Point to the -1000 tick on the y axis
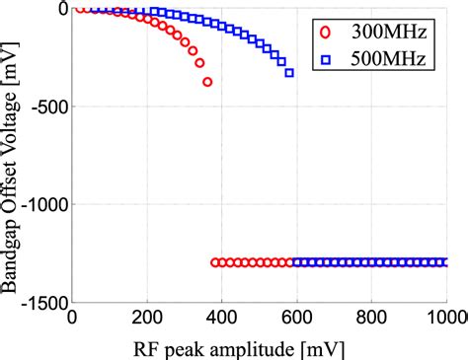click(x=39, y=204)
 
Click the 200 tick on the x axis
click(x=147, y=320)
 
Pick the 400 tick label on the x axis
click(x=222, y=320)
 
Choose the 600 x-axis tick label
click(x=297, y=320)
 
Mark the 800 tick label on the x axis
click(x=372, y=320)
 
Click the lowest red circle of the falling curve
click(x=207, y=82)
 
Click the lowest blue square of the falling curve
click(x=289, y=73)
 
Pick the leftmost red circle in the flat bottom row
click(x=215, y=262)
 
